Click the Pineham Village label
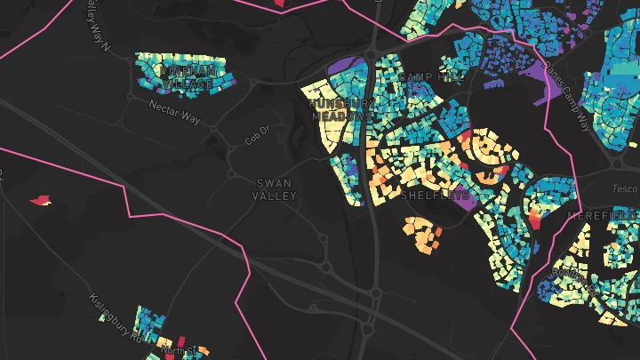point(187,75)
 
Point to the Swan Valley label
point(272,188)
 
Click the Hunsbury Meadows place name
point(340,109)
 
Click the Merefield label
point(612,216)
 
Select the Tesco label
point(625,188)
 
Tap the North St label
point(178,350)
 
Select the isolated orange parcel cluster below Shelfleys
point(423,232)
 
